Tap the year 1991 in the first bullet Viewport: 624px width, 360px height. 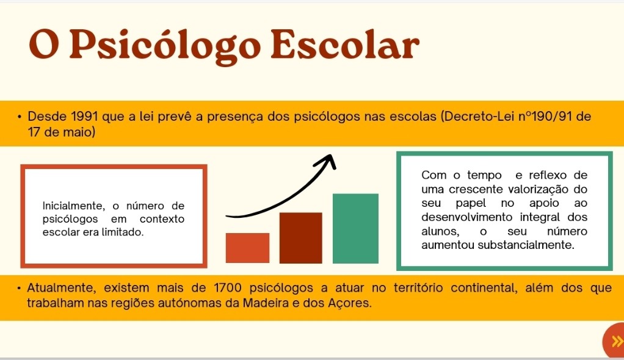pos(84,117)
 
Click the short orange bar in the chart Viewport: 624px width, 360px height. pos(247,248)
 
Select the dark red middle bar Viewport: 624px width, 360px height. pos(301,238)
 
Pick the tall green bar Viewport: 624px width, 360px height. pos(355,228)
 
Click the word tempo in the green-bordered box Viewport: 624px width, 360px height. pos(484,176)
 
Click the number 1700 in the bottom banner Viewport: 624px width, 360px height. pos(227,287)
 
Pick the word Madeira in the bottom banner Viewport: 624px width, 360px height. pos(266,303)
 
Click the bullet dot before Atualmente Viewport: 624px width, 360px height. pos(19,287)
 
